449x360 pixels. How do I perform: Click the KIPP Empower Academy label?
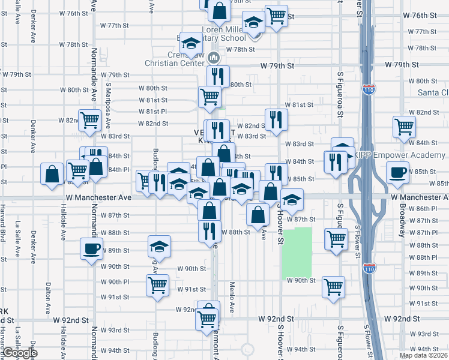399,154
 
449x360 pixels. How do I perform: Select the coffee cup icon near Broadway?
398,172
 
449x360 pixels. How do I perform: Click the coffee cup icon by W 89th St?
91,248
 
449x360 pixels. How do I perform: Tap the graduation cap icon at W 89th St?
159,245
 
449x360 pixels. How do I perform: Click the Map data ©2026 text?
423,355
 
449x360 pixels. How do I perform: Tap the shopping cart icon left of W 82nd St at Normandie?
89,119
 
